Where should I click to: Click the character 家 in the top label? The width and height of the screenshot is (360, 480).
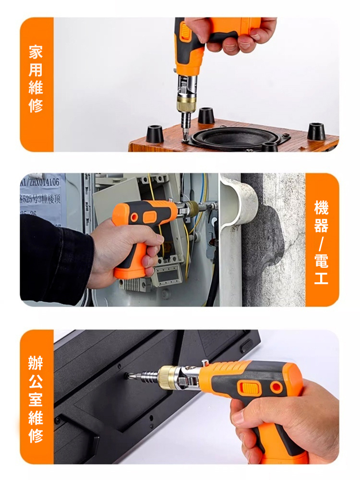(36, 52)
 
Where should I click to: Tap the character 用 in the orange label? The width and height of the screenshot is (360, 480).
(36, 70)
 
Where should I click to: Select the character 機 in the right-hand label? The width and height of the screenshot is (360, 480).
(322, 208)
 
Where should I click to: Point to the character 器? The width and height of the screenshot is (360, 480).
(322, 225)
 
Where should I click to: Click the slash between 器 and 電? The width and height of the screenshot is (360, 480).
(322, 243)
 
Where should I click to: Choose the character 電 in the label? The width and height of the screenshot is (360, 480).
(322, 261)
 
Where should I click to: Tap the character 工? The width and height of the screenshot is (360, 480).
(322, 278)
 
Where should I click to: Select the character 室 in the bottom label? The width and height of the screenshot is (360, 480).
(36, 399)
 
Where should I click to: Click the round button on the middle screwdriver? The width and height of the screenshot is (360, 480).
(134, 217)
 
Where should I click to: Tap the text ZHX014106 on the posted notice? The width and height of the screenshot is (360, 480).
(43, 182)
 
